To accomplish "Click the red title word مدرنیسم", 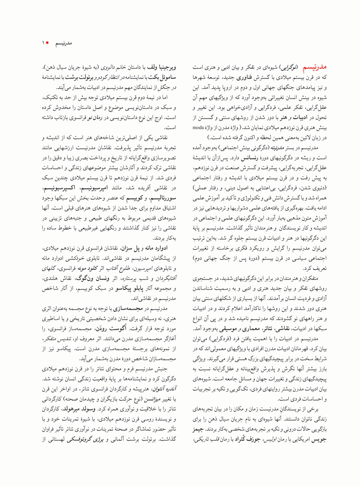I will [x=315, y=67].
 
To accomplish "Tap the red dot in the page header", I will [x=47, y=43].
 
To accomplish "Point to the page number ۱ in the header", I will [x=43, y=43].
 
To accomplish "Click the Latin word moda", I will [x=198, y=127].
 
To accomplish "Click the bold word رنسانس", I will [x=250, y=158].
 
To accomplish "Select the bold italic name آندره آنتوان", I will [x=164, y=389].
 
